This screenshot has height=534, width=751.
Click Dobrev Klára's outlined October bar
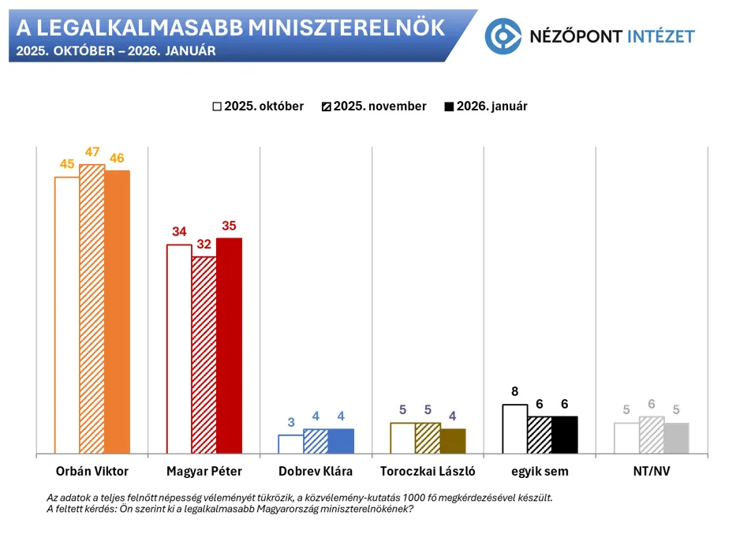pyautogui.click(x=291, y=444)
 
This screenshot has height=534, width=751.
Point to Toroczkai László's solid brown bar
pyautogui.click(x=453, y=441)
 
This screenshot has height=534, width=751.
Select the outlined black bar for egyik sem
pyautogui.click(x=514, y=429)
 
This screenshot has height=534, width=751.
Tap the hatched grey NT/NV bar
pyautogui.click(x=652, y=435)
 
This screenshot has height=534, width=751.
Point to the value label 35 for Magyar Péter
pyautogui.click(x=230, y=226)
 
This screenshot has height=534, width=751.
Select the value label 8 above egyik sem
pyautogui.click(x=514, y=392)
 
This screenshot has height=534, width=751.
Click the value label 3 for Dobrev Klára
pyautogui.click(x=291, y=422)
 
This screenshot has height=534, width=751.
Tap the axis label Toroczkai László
pyautogui.click(x=428, y=472)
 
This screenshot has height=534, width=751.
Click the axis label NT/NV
pyautogui.click(x=652, y=472)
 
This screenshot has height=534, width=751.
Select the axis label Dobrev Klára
pyautogui.click(x=316, y=472)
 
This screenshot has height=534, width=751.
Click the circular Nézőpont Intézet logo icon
pyautogui.click(x=503, y=35)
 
